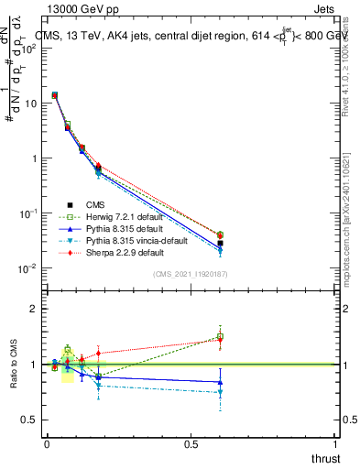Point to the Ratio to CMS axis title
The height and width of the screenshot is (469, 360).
pos(13,377)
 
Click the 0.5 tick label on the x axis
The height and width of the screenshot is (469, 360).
pos(191,443)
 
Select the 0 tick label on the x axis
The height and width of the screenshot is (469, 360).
pos(47,443)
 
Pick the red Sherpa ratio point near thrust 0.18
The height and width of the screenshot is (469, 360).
pos(98,353)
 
